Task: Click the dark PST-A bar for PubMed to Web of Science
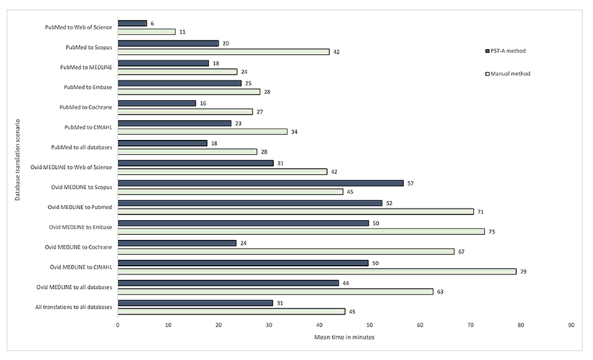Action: (132, 24)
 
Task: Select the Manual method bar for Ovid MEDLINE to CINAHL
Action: (317, 272)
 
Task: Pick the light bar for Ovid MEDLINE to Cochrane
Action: (286, 251)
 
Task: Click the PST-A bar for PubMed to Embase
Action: (180, 83)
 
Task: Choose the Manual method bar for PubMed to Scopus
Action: (223, 52)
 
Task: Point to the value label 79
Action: (524, 272)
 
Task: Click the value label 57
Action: (412, 183)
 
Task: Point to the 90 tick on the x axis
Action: (571, 325)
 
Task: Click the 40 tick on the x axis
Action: (319, 325)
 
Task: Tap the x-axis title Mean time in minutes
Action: (344, 337)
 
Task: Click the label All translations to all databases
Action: (74, 308)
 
